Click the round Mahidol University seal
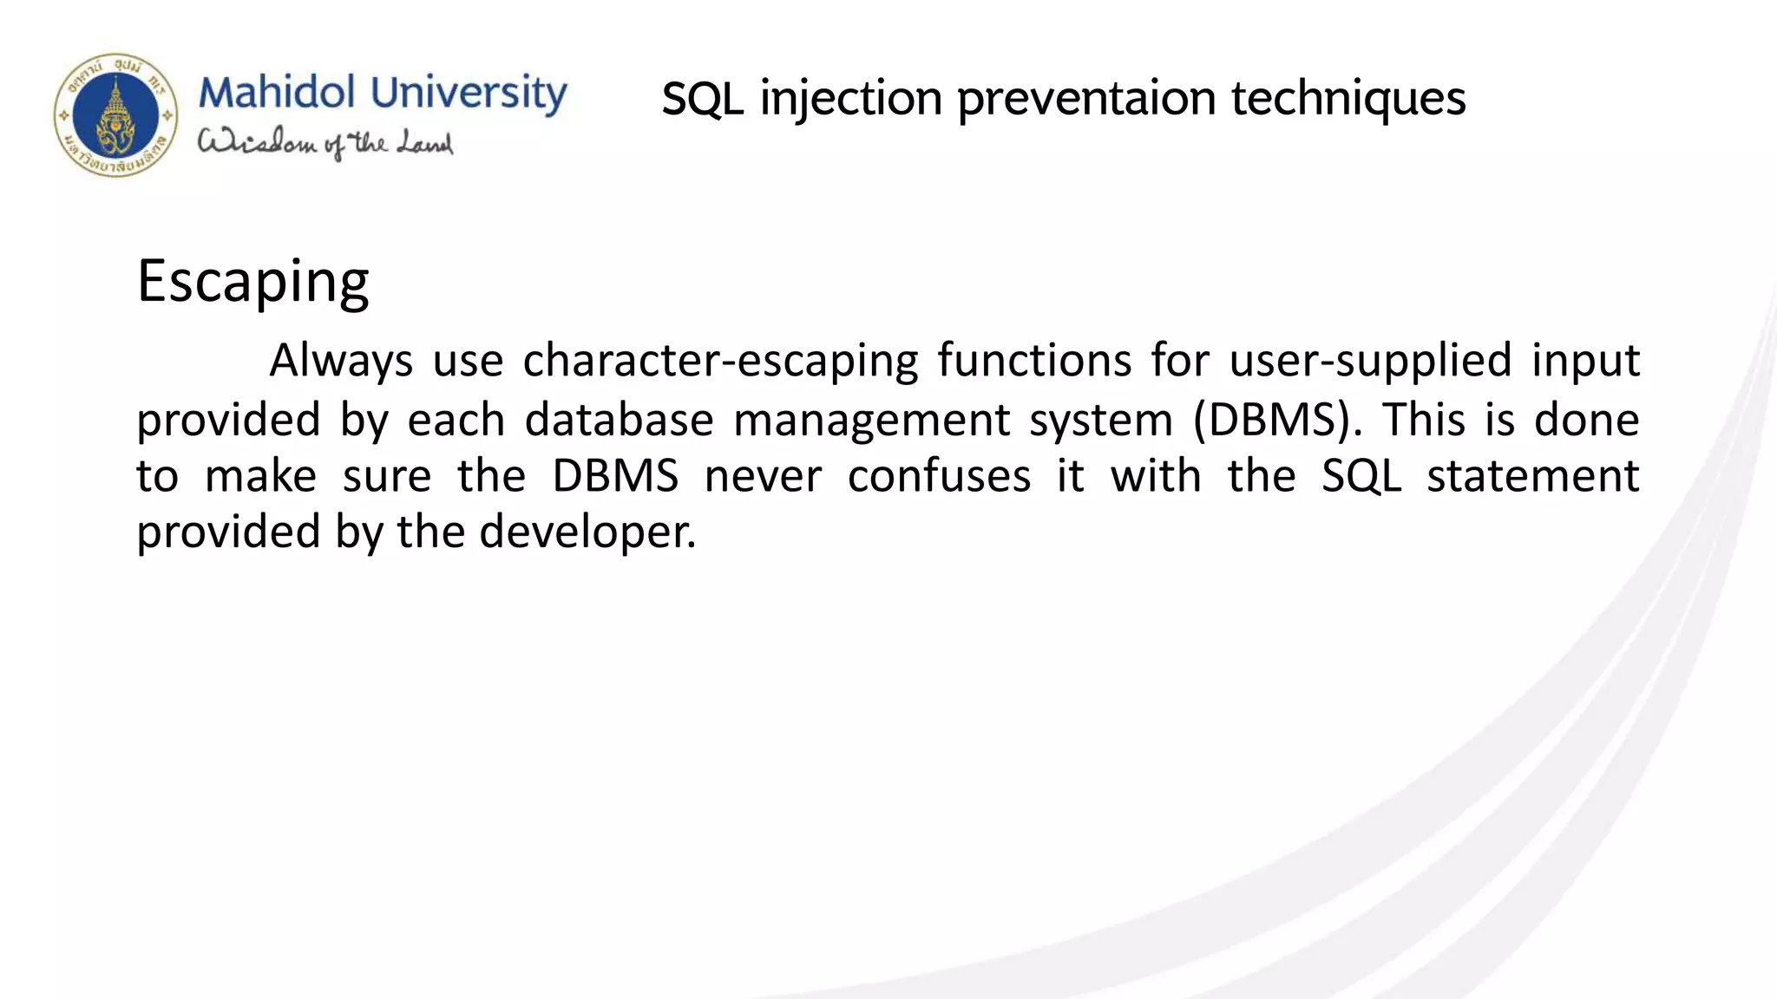(x=115, y=115)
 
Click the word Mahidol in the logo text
(x=277, y=93)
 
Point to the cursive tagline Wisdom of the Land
(x=325, y=144)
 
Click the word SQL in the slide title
(x=702, y=99)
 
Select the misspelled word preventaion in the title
(x=1086, y=99)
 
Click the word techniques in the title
(x=1348, y=99)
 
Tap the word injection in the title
(x=851, y=99)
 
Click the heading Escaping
(x=252, y=283)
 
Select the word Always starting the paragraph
(x=340, y=361)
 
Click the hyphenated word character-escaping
(x=720, y=361)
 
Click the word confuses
(x=939, y=477)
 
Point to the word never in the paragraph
(x=762, y=477)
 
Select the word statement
(x=1532, y=477)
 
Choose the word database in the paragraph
(x=619, y=420)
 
